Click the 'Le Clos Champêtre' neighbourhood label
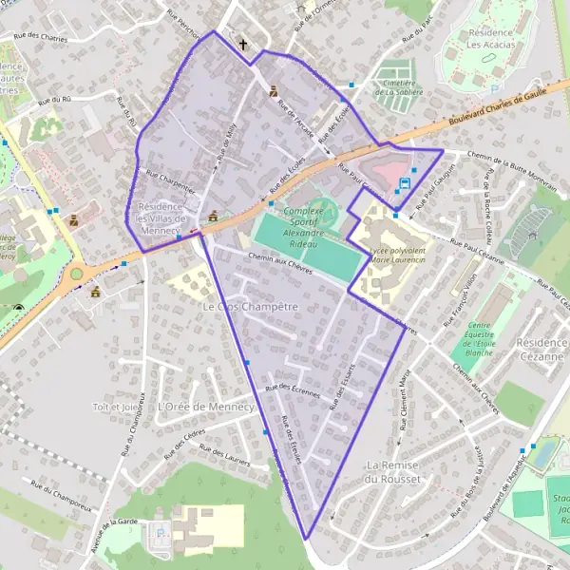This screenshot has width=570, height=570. tap(251, 308)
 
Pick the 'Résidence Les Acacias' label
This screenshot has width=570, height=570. tap(491, 38)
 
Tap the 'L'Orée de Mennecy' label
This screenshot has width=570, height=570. tap(205, 406)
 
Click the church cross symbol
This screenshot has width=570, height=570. tap(243, 44)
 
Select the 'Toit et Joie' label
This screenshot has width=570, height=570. tap(117, 407)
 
